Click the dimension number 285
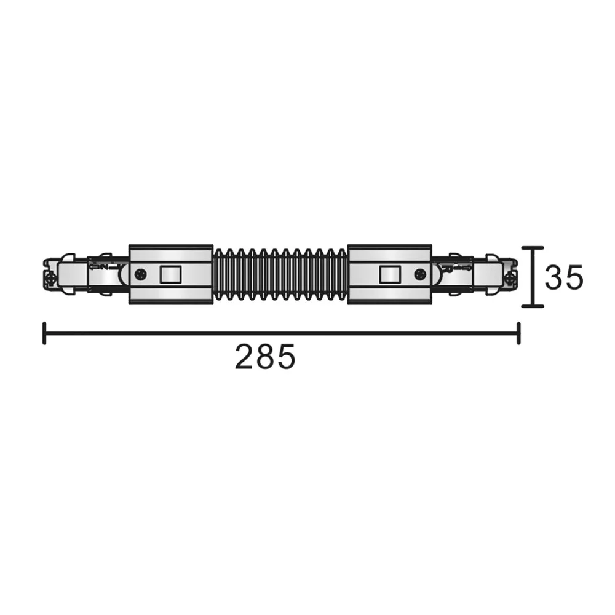tap(264, 356)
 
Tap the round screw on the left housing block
tap(140, 274)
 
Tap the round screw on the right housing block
tap(421, 274)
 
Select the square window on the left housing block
tap(170, 274)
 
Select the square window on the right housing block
tap(390, 274)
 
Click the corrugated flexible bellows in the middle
tap(280, 274)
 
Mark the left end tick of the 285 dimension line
tap(44, 333)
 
